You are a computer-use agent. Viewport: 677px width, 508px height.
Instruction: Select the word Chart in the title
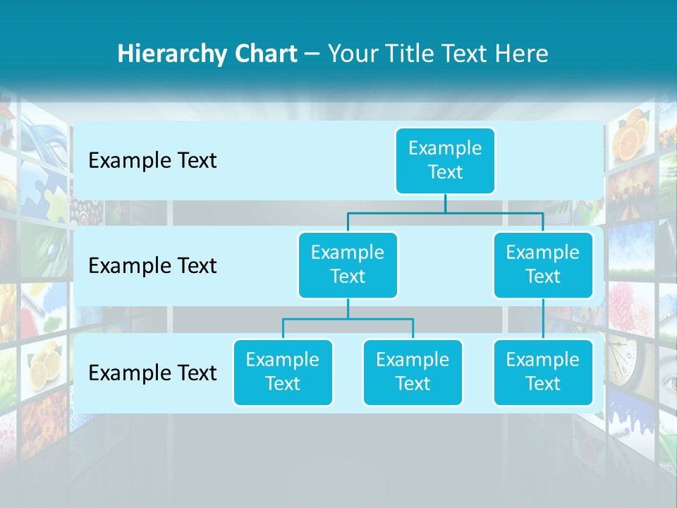(266, 54)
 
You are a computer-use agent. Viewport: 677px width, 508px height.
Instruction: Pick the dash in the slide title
(312, 54)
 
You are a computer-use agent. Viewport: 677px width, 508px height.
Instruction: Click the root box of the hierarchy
(445, 160)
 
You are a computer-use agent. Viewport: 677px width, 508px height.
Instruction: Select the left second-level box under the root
(348, 265)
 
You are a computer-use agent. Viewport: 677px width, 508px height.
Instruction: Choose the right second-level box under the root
(543, 265)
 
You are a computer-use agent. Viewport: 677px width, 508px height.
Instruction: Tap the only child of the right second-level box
(543, 372)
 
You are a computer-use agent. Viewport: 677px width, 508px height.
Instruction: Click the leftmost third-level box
(283, 372)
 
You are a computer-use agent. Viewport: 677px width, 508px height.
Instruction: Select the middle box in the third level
(413, 372)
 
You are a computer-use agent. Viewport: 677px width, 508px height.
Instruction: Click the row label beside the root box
(152, 161)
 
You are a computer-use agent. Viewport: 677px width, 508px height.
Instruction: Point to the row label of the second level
(152, 266)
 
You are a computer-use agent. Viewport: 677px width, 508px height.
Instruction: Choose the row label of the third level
(152, 373)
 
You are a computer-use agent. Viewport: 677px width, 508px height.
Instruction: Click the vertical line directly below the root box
(445, 203)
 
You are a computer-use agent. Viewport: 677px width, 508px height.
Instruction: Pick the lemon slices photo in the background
(47, 363)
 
